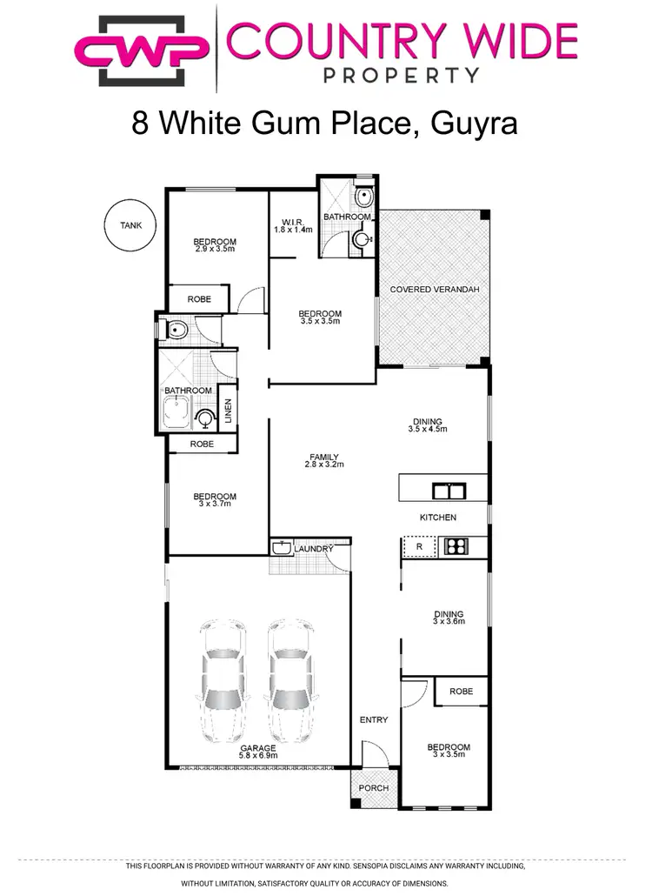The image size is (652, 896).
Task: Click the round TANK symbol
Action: [x=130, y=225]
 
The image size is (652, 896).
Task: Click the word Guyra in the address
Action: [x=469, y=123]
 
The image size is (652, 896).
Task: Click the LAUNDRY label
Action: [x=313, y=549]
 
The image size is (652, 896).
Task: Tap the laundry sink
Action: [x=282, y=549]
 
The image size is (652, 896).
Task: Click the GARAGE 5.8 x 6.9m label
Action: [x=258, y=752]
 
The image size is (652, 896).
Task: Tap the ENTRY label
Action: [x=374, y=719]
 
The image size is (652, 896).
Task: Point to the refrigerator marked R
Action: [x=419, y=546]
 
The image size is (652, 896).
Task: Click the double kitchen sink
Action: [x=449, y=489]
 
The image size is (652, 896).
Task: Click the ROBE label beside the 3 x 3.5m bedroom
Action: [x=461, y=692]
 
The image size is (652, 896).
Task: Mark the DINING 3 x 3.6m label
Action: [x=449, y=617]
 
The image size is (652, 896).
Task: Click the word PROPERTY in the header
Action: [x=401, y=76]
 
